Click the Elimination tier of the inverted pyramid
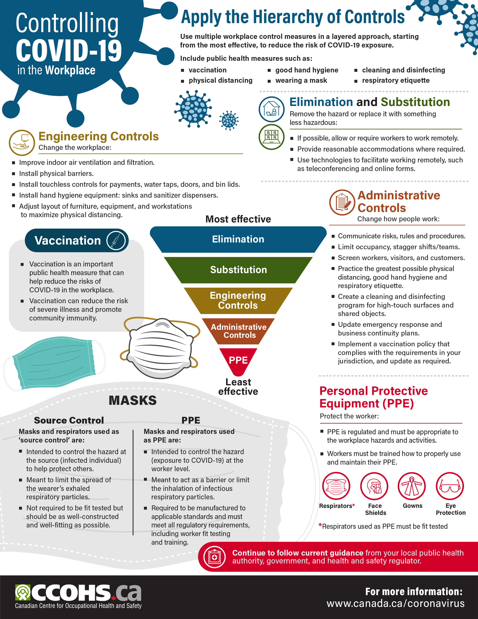[x=238, y=239]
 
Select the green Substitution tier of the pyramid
[x=238, y=270]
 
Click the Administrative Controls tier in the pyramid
[x=238, y=331]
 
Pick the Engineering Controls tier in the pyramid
[x=238, y=300]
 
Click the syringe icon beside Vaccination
[x=116, y=240]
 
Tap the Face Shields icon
[x=374, y=486]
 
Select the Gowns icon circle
[x=412, y=486]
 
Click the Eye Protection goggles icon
[x=450, y=486]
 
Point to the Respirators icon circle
[x=336, y=486]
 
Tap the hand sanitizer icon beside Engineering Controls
[x=22, y=143]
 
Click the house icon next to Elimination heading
[x=271, y=109]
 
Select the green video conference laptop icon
[x=271, y=137]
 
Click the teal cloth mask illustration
[x=54, y=363]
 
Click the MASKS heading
[x=133, y=400]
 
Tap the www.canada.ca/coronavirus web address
[x=396, y=603]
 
